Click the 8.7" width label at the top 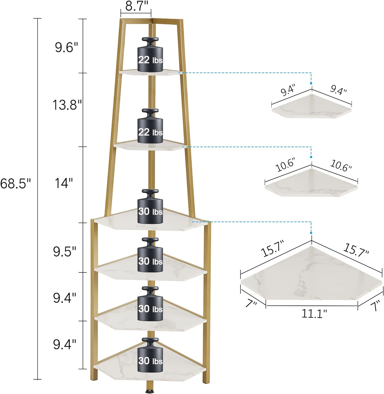click(x=135, y=6)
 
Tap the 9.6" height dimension click(x=66, y=48)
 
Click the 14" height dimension click(x=64, y=183)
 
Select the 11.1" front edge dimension click(x=314, y=313)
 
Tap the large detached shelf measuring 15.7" click(x=311, y=273)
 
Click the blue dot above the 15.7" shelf click(x=311, y=233)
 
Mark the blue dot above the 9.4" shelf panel click(x=311, y=83)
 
